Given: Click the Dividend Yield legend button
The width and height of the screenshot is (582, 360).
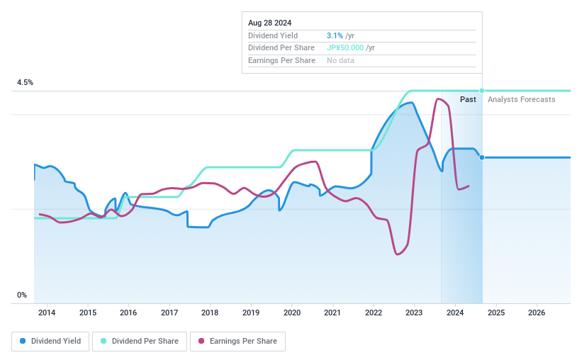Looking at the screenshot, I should pyautogui.click(x=50, y=341).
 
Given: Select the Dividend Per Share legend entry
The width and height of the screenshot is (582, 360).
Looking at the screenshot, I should pyautogui.click(x=140, y=341).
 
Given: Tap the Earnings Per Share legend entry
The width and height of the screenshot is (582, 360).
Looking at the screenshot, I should pyautogui.click(x=237, y=341).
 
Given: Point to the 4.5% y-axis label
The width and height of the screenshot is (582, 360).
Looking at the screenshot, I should pyautogui.click(x=25, y=83).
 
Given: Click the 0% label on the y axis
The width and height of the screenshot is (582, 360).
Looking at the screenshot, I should pyautogui.click(x=22, y=295).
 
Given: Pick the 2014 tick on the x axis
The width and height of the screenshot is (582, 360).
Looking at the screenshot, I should pyautogui.click(x=47, y=313).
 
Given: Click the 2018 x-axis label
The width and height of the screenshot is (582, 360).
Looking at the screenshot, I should pyautogui.click(x=210, y=313).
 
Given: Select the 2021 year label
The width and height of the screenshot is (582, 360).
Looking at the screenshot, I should pyautogui.click(x=332, y=313).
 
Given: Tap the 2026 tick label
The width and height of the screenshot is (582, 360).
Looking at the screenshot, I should pyautogui.click(x=537, y=313).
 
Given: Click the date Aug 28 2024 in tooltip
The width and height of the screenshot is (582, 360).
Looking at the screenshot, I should pyautogui.click(x=269, y=23).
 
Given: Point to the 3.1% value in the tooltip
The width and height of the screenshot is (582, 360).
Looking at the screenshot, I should pyautogui.click(x=334, y=35).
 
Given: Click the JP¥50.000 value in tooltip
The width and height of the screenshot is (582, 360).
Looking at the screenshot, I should pyautogui.click(x=345, y=47).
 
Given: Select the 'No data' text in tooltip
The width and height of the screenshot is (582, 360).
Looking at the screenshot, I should pyautogui.click(x=340, y=60).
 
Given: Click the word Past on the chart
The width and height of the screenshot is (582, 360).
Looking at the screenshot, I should pyautogui.click(x=468, y=99).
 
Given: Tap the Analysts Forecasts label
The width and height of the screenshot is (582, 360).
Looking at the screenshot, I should pyautogui.click(x=522, y=99).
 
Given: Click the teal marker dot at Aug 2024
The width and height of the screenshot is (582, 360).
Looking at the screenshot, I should pyautogui.click(x=482, y=91).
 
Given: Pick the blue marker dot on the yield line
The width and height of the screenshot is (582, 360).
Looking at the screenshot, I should pyautogui.click(x=482, y=157).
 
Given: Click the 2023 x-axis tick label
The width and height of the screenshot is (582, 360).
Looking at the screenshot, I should pyautogui.click(x=414, y=313).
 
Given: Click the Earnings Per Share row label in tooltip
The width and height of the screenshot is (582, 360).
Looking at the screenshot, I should pyautogui.click(x=281, y=60).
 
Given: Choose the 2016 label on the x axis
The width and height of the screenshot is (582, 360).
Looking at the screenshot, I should pyautogui.click(x=128, y=313).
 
